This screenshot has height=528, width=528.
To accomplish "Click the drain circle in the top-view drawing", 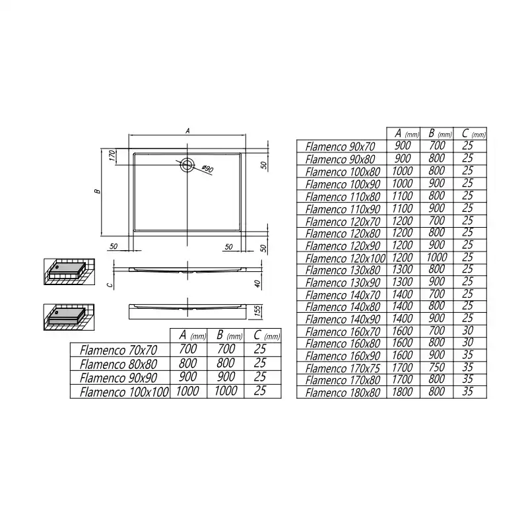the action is pyautogui.click(x=187, y=165).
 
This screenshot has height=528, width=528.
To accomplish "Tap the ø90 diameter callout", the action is pyautogui.click(x=207, y=169).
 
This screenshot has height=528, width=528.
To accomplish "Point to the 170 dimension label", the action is pyautogui.click(x=112, y=156).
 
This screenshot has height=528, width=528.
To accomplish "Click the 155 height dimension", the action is pyautogui.click(x=257, y=311).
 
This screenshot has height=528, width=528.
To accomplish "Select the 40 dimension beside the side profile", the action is pyautogui.click(x=257, y=284).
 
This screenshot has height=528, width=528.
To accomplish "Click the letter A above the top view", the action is pyautogui.click(x=187, y=131).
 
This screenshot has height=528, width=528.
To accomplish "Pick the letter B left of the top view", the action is pyautogui.click(x=98, y=191).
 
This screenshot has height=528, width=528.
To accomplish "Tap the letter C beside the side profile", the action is pyautogui.click(x=110, y=285).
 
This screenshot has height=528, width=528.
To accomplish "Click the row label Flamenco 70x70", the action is pyautogui.click(x=119, y=350).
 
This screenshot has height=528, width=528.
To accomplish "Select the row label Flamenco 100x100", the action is pyautogui.click(x=124, y=392).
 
